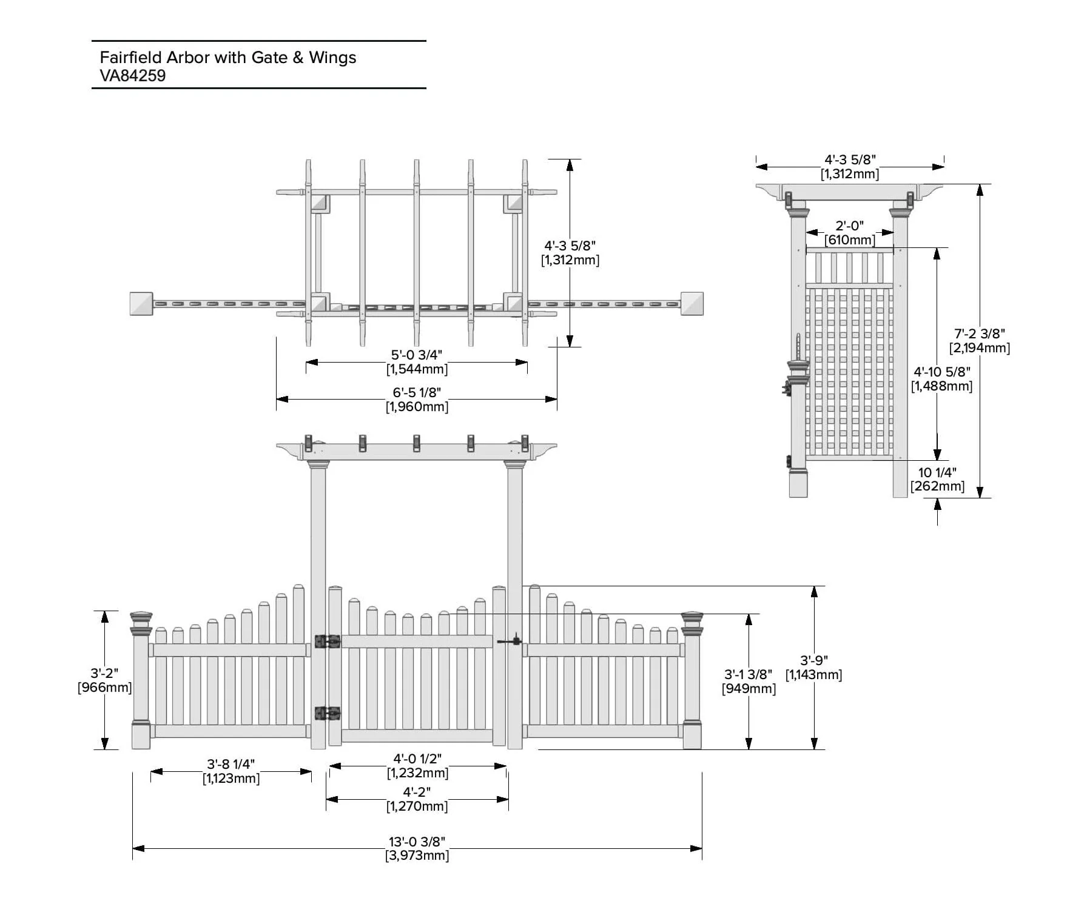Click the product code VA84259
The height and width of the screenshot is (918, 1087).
coord(133,76)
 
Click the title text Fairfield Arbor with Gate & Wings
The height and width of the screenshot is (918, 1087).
coord(228,58)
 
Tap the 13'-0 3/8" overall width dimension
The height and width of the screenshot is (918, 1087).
coord(417,842)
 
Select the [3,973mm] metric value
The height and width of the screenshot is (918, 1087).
coord(417,856)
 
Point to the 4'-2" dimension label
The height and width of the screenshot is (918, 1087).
coord(417,792)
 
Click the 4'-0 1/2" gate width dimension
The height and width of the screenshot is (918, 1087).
coord(417,759)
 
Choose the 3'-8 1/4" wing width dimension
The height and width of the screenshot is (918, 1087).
coord(231,764)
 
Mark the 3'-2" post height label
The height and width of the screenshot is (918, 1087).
coord(104,673)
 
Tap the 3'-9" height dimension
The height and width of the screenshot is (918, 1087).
coord(814,660)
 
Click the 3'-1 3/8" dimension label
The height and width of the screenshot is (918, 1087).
coord(749,674)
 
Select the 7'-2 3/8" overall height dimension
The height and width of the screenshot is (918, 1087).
coord(980,333)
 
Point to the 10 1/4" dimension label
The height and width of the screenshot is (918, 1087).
coord(937,472)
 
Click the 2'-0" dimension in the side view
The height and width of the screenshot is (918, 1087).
coord(850,226)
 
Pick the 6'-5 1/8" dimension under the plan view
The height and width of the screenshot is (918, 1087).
coord(417,392)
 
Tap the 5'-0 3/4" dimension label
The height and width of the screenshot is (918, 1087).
coord(417,355)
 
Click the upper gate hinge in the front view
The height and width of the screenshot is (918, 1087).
coord(328,641)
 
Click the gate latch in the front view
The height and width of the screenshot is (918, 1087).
coord(510,640)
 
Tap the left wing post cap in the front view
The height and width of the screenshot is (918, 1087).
coord(141,623)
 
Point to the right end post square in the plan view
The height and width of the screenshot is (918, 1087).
coord(692,304)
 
